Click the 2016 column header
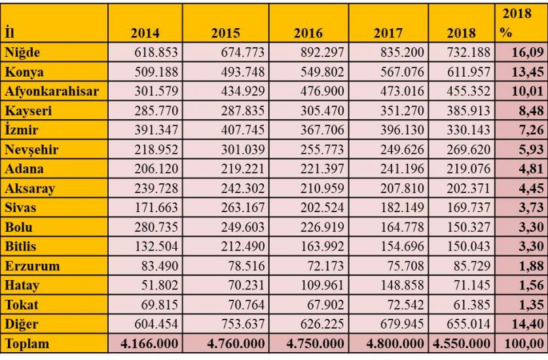[308, 33]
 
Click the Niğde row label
[22, 52]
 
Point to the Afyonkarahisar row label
[52, 91]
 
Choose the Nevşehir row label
[31, 150]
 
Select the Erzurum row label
[32, 266]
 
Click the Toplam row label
[27, 344]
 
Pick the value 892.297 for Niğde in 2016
[322, 52]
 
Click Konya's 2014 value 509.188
[156, 72]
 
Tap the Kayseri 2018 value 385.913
[468, 111]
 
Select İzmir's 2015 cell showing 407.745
[242, 130]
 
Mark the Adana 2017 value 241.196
[402, 169]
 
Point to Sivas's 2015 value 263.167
[242, 208]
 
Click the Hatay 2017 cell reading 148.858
[402, 285]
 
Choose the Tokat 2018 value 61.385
[472, 305]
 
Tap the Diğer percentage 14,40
[528, 324]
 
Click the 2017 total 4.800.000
[395, 344]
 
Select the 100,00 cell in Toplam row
[524, 344]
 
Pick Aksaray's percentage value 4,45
[531, 189]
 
